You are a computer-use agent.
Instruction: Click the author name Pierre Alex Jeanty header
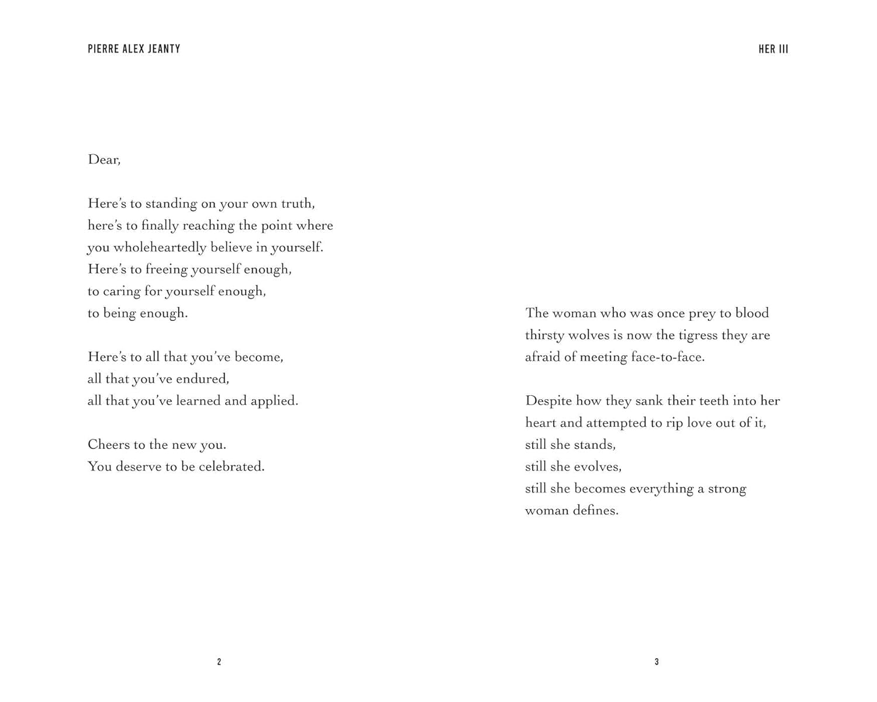click(x=134, y=49)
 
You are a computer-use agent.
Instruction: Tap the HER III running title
click(x=773, y=49)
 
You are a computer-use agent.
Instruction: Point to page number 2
click(x=219, y=662)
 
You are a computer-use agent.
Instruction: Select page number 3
click(x=657, y=662)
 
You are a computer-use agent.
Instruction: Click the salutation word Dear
click(x=103, y=160)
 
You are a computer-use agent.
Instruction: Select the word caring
click(x=122, y=291)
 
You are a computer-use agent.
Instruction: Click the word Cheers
click(x=109, y=445)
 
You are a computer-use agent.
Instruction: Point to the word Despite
click(x=548, y=401)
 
